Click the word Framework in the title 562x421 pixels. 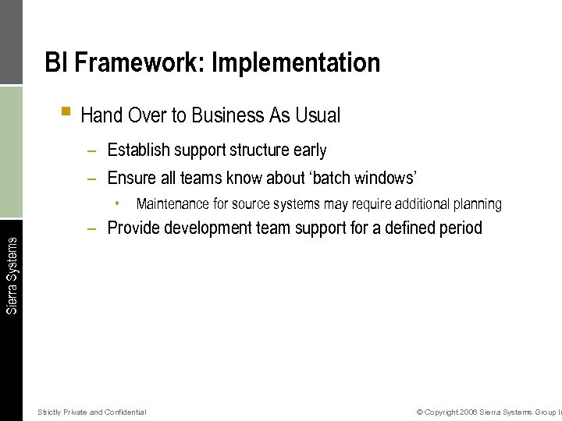tap(137, 62)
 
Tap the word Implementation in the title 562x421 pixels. tap(296, 62)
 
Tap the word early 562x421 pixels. tap(310, 150)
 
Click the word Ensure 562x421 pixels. tap(132, 178)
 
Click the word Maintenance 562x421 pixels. tap(173, 204)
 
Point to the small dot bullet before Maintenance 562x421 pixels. tap(116, 204)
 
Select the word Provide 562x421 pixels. tap(133, 228)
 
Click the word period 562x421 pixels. tap(460, 228)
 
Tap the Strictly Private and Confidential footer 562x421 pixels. tap(91, 412)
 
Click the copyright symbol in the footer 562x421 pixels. tap(420, 412)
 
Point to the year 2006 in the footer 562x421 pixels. tap(468, 412)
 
